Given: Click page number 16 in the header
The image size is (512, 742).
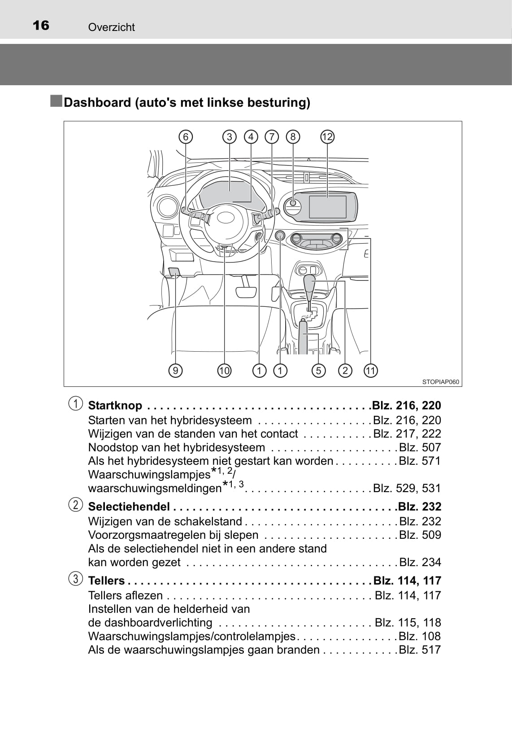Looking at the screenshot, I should click(x=41, y=25).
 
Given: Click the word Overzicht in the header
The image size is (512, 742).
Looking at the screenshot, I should click(x=111, y=27).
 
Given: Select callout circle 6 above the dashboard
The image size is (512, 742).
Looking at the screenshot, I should click(x=185, y=137).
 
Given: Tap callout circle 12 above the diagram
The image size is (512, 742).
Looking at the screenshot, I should click(x=327, y=137).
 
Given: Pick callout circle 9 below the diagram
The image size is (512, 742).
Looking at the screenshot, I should click(x=175, y=371).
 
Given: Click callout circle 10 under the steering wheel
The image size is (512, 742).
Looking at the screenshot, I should click(x=224, y=371).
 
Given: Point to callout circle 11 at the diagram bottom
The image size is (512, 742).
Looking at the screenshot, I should click(x=370, y=371).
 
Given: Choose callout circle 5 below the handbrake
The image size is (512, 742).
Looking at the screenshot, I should click(x=318, y=371).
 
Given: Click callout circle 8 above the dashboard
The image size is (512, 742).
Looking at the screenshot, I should click(x=293, y=137).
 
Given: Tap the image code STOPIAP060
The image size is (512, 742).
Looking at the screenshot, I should click(x=441, y=382).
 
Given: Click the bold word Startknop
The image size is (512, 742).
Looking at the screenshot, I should click(x=115, y=406).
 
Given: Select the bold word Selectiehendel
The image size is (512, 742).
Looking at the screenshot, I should click(x=129, y=507).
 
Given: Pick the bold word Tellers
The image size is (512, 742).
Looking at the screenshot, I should click(x=106, y=581).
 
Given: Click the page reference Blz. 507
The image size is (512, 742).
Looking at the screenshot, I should click(x=420, y=447).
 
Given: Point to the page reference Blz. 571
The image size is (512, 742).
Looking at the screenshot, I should click(x=420, y=461).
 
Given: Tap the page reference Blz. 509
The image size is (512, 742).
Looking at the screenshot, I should click(x=420, y=535).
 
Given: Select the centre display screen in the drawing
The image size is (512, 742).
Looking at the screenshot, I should click(x=327, y=207).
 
